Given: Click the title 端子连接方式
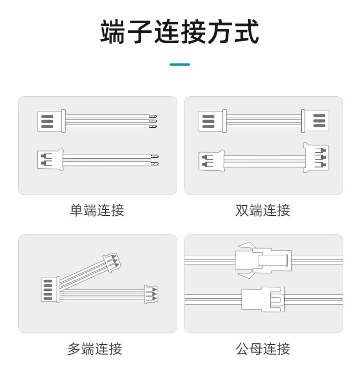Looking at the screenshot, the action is coord(180,32).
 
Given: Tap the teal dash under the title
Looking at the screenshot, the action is coord(180,64).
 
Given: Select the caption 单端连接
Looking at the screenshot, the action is coord(97,210).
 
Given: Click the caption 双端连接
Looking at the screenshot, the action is coord(263,210).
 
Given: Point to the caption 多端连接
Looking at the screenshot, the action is coord(95,348).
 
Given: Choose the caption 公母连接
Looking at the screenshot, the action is coord(263,348).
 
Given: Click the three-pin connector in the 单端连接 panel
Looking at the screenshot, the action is coord(51,121).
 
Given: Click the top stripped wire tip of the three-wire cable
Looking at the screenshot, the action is coord(153,116).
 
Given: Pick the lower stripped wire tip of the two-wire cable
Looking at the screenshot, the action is coord(155,164).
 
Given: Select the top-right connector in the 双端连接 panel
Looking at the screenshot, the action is coord(315,121).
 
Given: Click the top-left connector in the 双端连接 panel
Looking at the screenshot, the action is coord(212,121).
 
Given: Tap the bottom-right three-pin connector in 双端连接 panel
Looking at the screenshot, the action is coord(316,157).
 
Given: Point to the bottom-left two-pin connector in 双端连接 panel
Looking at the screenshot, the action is coord(212,161).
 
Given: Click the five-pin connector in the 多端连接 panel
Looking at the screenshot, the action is coord(50,290).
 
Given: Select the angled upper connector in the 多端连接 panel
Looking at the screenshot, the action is coord(112,263).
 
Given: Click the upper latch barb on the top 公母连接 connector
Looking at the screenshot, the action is coord(246,246).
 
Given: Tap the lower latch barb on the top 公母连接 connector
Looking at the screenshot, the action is coord(246,275).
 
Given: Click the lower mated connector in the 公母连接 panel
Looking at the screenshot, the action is coord(263,299).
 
